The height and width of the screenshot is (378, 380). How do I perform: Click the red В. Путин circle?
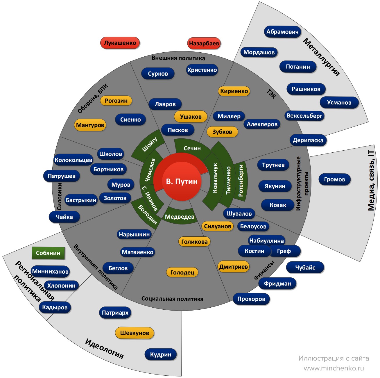(181, 181)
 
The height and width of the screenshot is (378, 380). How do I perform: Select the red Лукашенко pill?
(120, 43)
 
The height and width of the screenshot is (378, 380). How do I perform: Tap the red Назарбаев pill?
(204, 43)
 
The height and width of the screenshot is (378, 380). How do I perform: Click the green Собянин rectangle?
(48, 253)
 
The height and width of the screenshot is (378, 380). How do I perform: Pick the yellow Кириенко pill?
(234, 91)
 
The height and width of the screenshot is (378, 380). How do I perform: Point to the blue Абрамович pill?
(282, 32)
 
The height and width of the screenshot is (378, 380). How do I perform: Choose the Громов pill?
(334, 179)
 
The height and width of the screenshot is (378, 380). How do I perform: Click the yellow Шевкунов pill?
(135, 333)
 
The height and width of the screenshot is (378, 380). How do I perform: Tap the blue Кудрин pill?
(161, 354)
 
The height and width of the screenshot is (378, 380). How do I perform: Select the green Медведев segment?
(180, 216)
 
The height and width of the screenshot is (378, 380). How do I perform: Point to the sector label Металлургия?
(321, 57)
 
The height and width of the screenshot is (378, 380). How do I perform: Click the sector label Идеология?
(104, 348)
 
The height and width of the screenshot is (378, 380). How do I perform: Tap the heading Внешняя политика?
(178, 58)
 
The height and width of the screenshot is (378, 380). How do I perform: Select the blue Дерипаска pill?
(308, 140)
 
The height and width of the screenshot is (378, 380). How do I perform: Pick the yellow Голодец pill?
(182, 272)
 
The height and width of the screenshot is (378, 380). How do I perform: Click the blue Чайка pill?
(64, 217)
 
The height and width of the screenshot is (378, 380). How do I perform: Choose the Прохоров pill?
(251, 299)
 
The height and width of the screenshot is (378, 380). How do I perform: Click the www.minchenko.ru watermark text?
(334, 368)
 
